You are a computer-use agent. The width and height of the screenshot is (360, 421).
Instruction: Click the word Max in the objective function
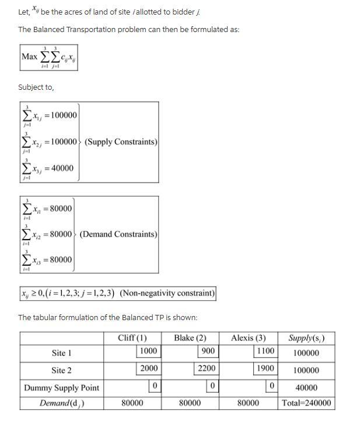click(29, 57)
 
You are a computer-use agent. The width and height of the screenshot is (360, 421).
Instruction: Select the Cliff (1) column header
click(132, 338)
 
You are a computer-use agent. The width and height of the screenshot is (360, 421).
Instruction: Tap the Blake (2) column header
click(190, 338)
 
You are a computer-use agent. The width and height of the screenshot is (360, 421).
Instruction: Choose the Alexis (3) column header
click(248, 338)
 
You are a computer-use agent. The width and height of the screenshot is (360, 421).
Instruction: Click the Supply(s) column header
click(306, 338)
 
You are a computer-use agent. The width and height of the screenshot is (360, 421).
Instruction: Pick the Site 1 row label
click(61, 353)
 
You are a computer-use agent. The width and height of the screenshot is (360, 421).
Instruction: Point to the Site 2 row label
click(61, 370)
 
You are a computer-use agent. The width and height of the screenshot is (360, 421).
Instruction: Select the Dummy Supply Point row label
click(61, 387)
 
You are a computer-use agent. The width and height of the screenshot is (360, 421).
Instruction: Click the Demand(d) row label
click(61, 403)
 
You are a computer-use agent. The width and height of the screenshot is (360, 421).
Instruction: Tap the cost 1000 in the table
click(148, 351)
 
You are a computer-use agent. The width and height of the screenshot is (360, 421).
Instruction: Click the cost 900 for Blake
click(208, 351)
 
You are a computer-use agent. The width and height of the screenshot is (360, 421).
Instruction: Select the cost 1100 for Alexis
click(265, 351)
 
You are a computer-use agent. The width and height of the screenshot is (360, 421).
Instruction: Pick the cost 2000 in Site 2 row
click(148, 369)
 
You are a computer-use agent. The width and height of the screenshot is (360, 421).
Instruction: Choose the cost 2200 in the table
click(207, 369)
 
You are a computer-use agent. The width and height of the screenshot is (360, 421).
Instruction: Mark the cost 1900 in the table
click(265, 369)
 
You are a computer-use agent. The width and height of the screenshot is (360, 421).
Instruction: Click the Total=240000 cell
click(306, 403)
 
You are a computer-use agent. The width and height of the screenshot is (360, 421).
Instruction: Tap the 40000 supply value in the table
click(306, 387)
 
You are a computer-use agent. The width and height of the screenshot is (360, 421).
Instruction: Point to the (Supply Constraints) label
click(121, 142)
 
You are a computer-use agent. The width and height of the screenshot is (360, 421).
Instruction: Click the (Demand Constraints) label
click(118, 234)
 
